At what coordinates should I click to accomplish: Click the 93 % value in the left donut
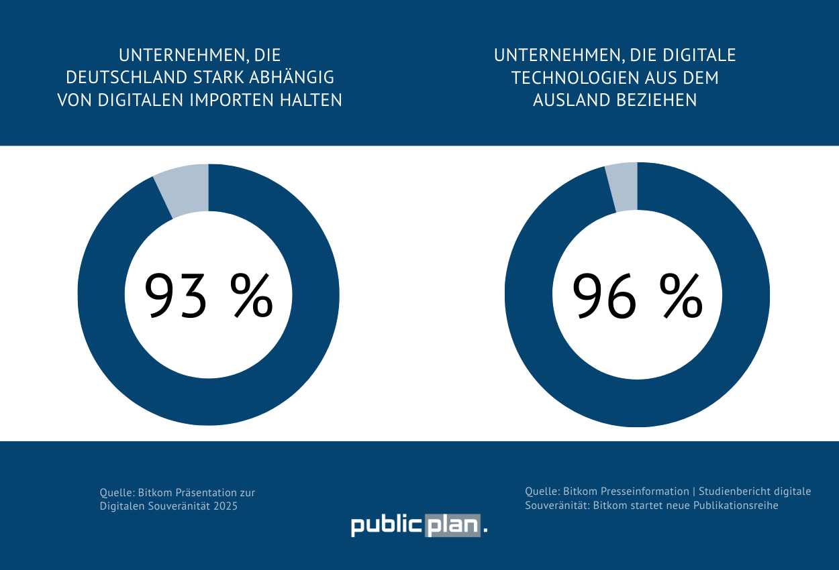(x=208, y=295)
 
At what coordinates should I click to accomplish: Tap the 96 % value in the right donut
(x=636, y=295)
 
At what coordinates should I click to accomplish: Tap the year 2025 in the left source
(x=226, y=506)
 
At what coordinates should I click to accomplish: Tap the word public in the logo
(x=387, y=526)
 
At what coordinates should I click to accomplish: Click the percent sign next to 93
(x=252, y=295)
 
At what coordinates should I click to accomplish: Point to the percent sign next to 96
(x=681, y=295)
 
